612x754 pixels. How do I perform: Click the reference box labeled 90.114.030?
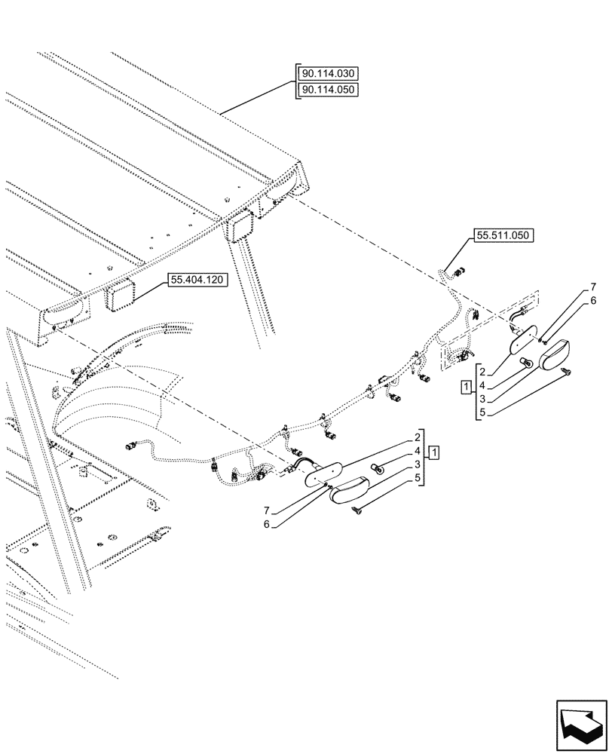pyautogui.click(x=329, y=74)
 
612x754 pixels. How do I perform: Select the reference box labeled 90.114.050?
pyautogui.click(x=329, y=90)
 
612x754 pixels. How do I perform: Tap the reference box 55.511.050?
pyautogui.click(x=503, y=236)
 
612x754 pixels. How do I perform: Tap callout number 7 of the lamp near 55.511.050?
pyautogui.click(x=593, y=287)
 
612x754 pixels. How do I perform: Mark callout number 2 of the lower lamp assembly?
pyautogui.click(x=417, y=437)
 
